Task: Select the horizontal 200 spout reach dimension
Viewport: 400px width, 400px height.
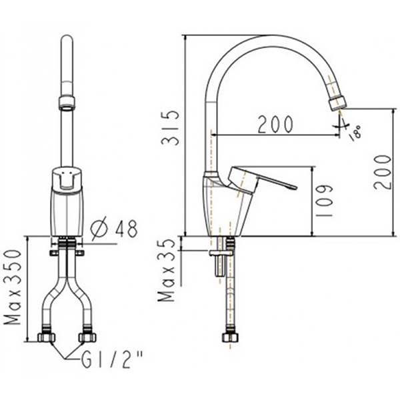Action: coord(275,123)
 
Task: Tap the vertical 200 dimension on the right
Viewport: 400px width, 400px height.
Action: coord(381,171)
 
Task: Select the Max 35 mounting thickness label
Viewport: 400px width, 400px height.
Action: coord(167,270)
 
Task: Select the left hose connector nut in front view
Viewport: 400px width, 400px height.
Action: coord(46,337)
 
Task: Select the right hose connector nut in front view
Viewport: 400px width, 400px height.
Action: coord(87,337)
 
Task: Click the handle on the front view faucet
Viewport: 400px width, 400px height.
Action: coord(67,179)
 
